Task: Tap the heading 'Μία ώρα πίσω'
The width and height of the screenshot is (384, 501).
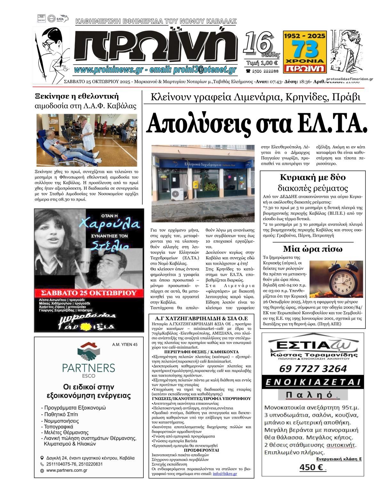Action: pos(313,249)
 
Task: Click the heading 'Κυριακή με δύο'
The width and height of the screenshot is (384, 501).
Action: pos(313,177)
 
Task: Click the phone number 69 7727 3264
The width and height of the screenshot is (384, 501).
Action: pos(313,369)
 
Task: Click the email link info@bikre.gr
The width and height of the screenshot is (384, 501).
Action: pos(225,473)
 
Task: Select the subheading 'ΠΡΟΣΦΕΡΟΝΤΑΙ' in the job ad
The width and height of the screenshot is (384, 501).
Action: pos(201,450)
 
